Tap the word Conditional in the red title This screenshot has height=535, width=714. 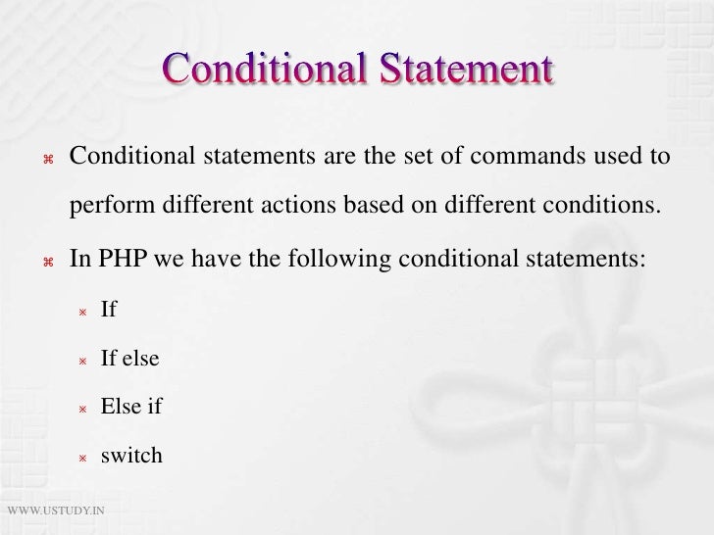pos(262,70)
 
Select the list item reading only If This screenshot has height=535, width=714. pos(109,310)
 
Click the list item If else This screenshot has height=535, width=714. pos(129,359)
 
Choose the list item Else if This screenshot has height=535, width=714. pos(131,407)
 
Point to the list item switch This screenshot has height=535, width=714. pos(131,456)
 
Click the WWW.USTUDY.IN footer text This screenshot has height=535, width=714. pos(57,511)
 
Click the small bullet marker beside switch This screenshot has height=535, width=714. pos(83,458)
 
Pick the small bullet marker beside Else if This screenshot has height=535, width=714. pos(83,409)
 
